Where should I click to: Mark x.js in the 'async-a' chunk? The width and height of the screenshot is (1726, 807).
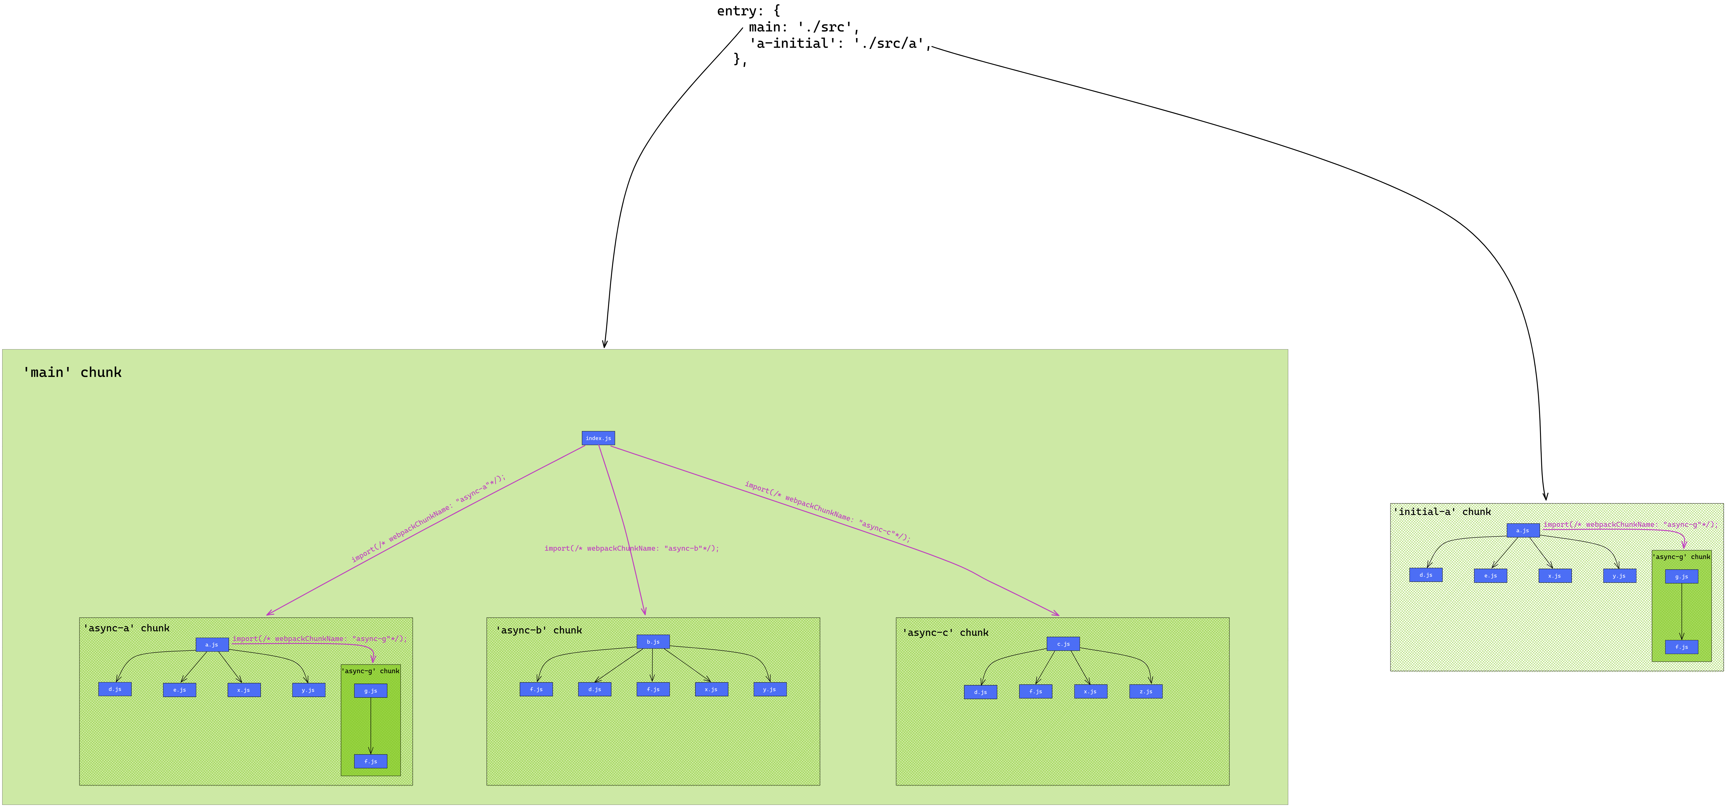[x=244, y=690]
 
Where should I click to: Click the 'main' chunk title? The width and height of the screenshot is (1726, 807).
[x=72, y=373]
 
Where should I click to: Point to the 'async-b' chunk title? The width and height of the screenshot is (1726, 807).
[x=539, y=631]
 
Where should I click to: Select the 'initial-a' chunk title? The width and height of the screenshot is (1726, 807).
[x=1442, y=512]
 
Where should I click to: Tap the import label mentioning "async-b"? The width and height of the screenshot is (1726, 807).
[x=631, y=548]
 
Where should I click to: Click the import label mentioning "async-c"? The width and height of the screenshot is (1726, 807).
[x=827, y=511]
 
